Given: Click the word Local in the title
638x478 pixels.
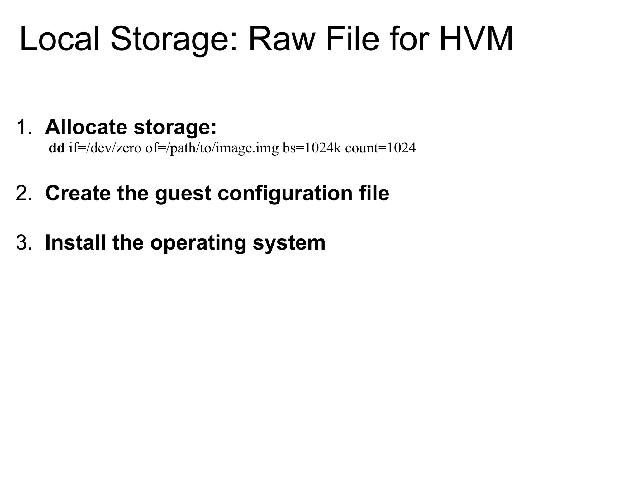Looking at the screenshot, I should (x=60, y=40).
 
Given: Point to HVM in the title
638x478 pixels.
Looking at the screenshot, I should (x=476, y=40).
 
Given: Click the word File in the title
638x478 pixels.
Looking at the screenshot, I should (x=353, y=40).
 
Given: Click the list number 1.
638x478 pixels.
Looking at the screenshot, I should (x=24, y=127).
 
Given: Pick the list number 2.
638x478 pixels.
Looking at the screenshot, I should (x=24, y=193).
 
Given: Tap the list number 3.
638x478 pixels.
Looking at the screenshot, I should (x=24, y=242).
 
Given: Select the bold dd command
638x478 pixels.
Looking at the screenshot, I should (x=57, y=148).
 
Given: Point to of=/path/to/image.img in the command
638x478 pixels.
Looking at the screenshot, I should (x=212, y=149).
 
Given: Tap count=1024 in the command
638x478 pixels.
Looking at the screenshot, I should (x=380, y=148).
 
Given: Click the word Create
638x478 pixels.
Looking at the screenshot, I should (x=78, y=193).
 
